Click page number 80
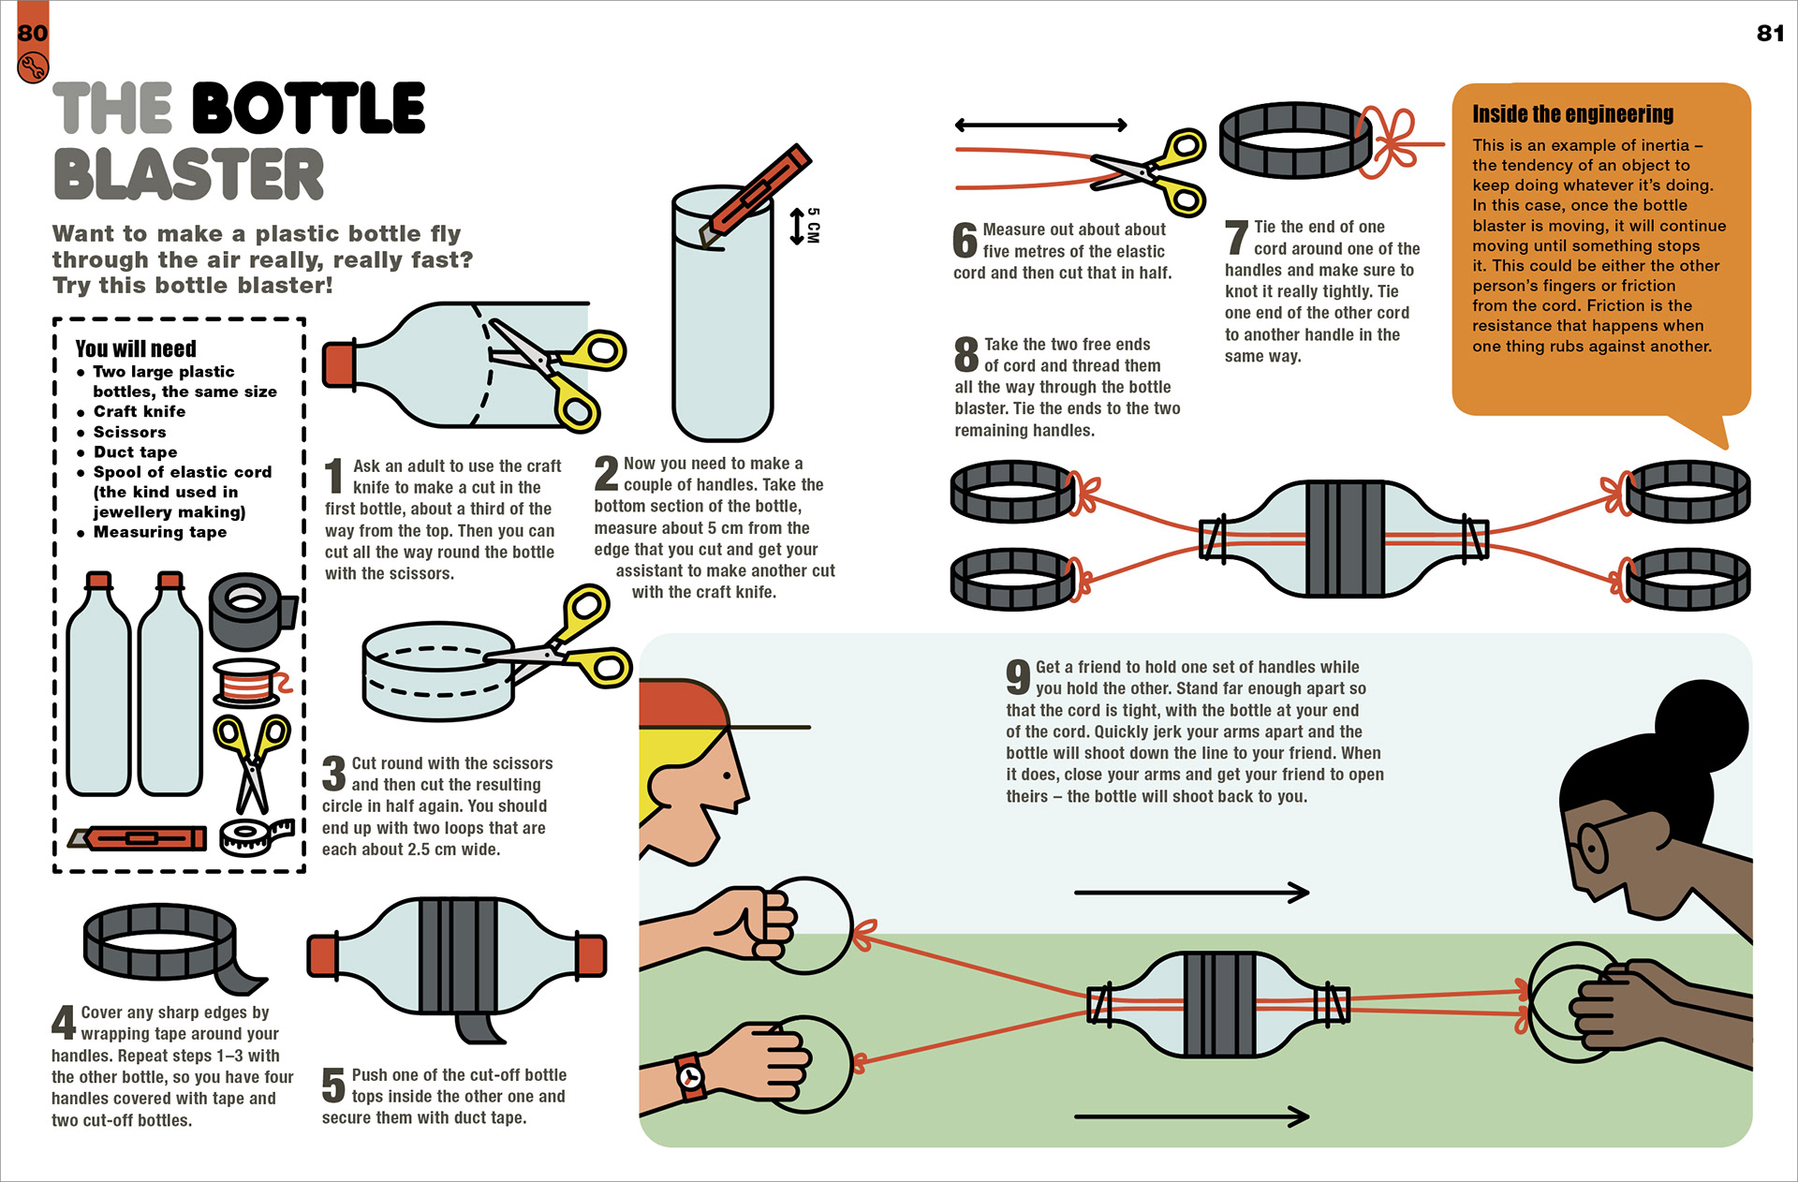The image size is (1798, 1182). [x=32, y=33]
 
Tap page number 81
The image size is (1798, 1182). [x=1769, y=34]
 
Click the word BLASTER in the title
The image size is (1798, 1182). [x=188, y=174]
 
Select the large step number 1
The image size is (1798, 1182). [x=333, y=476]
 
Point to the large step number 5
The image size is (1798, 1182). [x=333, y=1086]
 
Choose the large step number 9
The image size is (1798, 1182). [x=1018, y=676]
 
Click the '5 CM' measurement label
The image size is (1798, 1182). [x=813, y=226]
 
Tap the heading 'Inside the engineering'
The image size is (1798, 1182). [x=1572, y=114]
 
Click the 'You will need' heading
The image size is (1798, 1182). [x=136, y=348]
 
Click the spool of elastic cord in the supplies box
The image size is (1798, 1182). [x=250, y=683]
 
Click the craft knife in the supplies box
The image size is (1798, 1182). [x=139, y=837]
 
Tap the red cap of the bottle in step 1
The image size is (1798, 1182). [x=338, y=364]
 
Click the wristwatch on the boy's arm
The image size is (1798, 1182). [x=690, y=1076]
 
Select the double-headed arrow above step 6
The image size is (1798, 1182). [x=1040, y=126]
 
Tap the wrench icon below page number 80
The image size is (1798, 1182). [x=32, y=67]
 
